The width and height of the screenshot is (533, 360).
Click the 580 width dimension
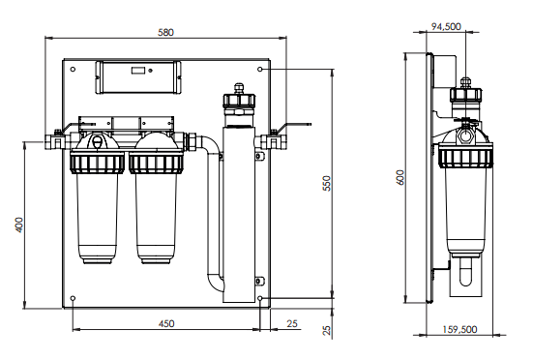coord(165,32)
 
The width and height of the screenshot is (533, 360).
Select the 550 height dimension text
coord(326,183)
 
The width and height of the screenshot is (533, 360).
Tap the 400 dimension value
coord(19,225)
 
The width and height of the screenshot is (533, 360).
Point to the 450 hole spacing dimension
coord(166,323)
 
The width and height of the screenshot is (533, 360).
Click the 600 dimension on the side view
coord(400,177)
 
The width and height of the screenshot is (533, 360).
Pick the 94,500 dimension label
coord(446,26)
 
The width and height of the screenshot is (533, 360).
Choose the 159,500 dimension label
coord(459,329)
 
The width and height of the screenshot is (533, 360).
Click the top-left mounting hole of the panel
coord(73,70)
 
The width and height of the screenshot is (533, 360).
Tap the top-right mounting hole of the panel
coord(260,70)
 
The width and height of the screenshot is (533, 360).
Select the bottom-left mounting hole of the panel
coord(73,298)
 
